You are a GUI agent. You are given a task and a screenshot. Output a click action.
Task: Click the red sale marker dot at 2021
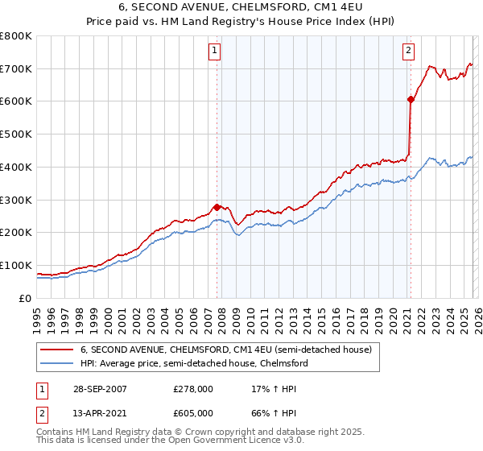click(x=411, y=100)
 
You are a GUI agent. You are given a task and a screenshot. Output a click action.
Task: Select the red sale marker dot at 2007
click(x=217, y=207)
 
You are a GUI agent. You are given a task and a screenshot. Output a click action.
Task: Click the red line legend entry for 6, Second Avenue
click(x=225, y=350)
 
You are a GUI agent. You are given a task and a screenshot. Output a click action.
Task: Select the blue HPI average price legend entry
click(x=193, y=364)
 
